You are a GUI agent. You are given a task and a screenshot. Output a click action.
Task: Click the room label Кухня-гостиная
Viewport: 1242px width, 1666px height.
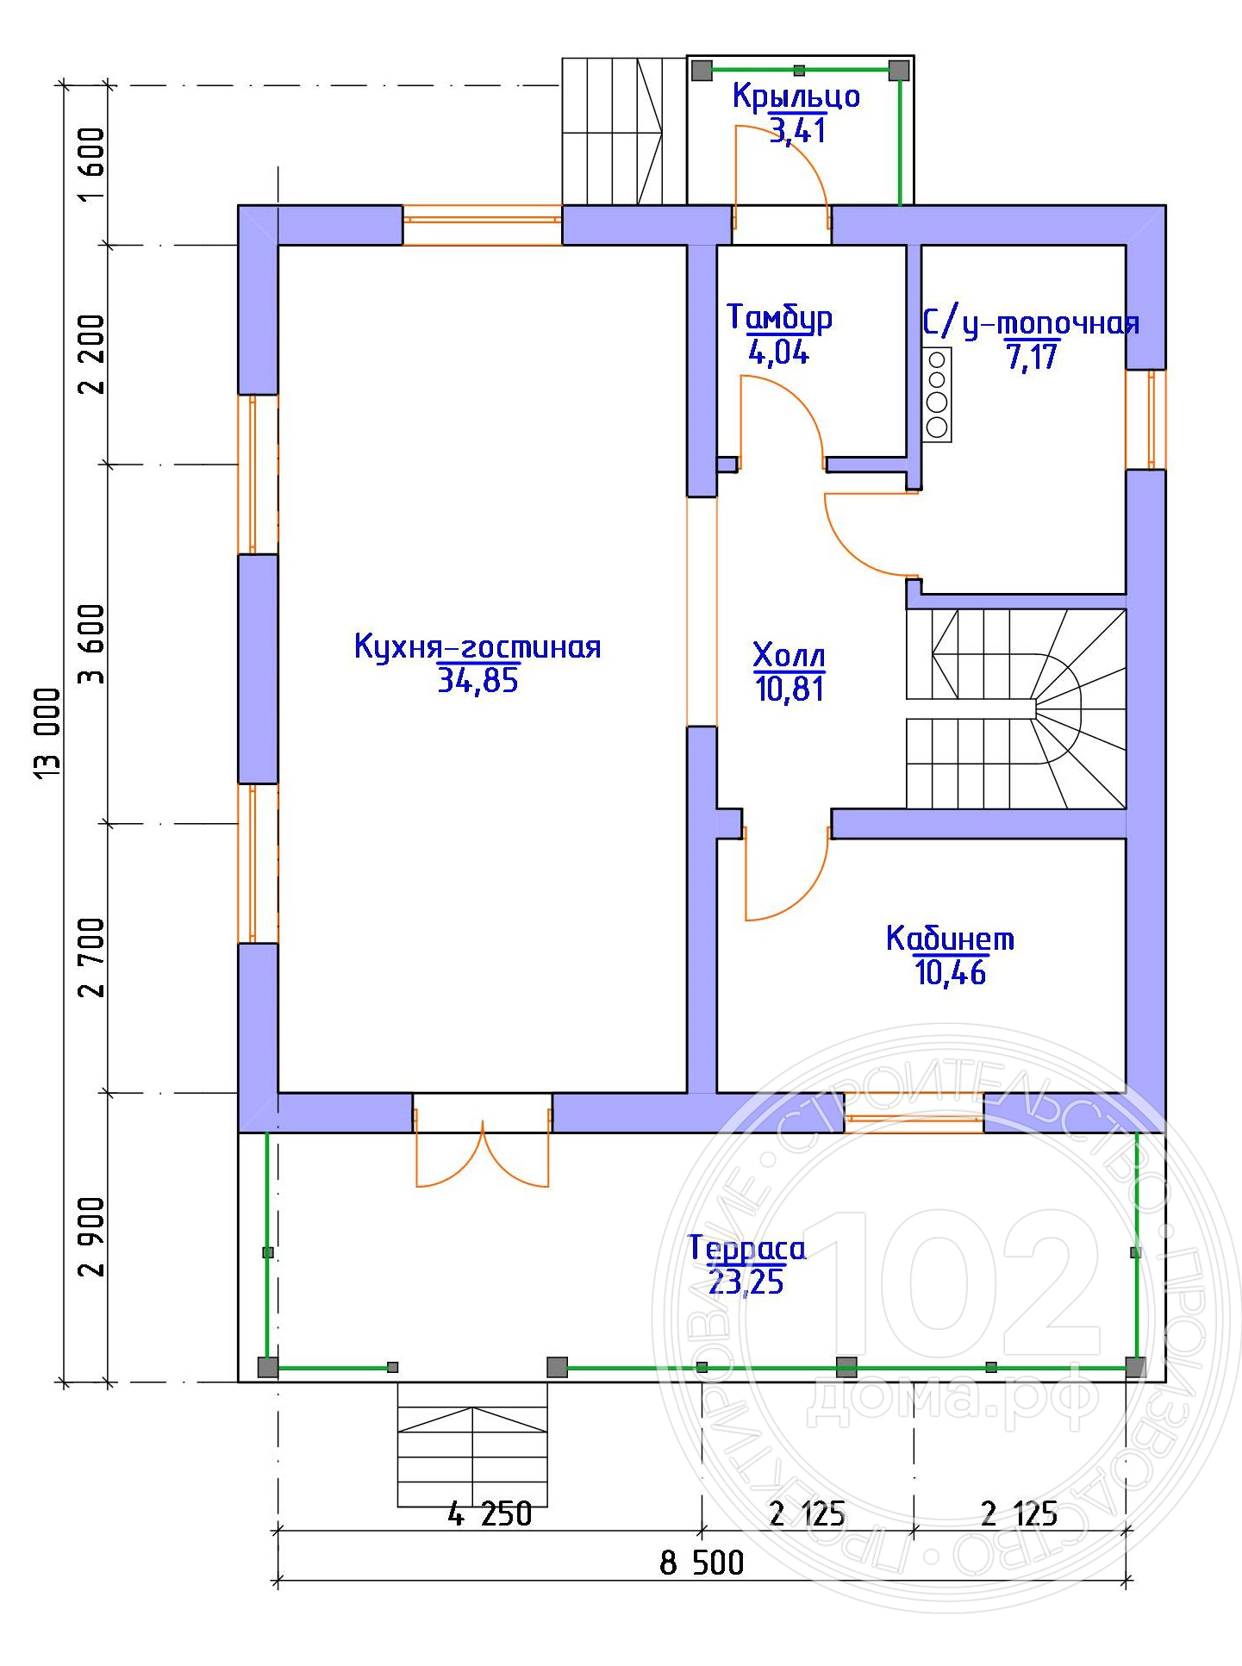[x=477, y=647]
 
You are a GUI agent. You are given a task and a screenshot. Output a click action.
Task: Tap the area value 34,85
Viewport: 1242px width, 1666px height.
[x=477, y=681]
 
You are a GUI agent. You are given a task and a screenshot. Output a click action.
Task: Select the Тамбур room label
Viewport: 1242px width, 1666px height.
[x=780, y=318]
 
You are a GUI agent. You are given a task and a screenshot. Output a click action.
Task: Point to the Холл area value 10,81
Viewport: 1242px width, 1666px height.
[x=789, y=689]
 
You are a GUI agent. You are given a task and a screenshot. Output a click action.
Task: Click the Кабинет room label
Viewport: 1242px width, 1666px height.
[x=950, y=938]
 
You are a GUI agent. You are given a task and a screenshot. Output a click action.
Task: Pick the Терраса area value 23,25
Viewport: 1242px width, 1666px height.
[x=746, y=1282]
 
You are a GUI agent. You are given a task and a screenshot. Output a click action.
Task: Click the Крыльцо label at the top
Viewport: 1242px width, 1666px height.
[x=796, y=96]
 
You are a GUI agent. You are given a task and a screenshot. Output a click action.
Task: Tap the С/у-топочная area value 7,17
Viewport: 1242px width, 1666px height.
[x=1032, y=355]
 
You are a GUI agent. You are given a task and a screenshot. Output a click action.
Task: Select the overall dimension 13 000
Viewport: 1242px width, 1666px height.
[x=48, y=734]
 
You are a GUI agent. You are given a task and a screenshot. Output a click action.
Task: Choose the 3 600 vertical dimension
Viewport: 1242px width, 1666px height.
[x=90, y=643]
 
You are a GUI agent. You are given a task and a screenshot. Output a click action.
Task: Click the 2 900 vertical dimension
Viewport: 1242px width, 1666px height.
[x=90, y=1237]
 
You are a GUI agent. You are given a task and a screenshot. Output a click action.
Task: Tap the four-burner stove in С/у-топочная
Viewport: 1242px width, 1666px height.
[x=937, y=394]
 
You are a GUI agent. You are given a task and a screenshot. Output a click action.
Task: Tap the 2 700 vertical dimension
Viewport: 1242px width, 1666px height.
[x=90, y=958]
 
